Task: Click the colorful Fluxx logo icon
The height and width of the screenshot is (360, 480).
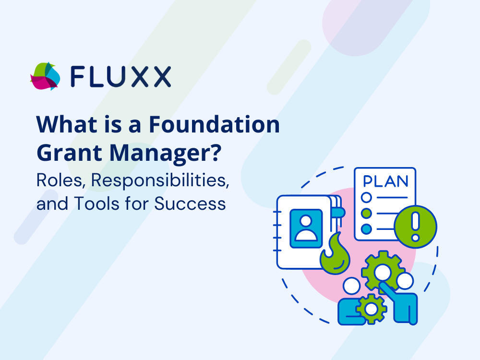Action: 45,76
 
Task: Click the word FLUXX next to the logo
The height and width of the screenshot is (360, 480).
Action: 121,76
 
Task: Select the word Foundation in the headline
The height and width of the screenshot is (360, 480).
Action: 214,124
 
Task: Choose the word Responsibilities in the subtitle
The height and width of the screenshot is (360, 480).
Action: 160,180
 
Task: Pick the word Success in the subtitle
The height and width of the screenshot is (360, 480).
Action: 190,204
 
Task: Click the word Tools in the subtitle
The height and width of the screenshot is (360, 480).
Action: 96,204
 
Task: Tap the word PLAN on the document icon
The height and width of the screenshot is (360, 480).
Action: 386,181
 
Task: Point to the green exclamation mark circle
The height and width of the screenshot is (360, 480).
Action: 415,227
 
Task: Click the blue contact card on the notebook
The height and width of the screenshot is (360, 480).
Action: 306,228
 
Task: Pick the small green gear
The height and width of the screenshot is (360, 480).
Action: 371,309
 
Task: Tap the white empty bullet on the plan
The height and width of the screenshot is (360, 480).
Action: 366,197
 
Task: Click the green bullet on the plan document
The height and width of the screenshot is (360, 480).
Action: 366,213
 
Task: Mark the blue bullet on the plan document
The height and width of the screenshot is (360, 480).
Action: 366,228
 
